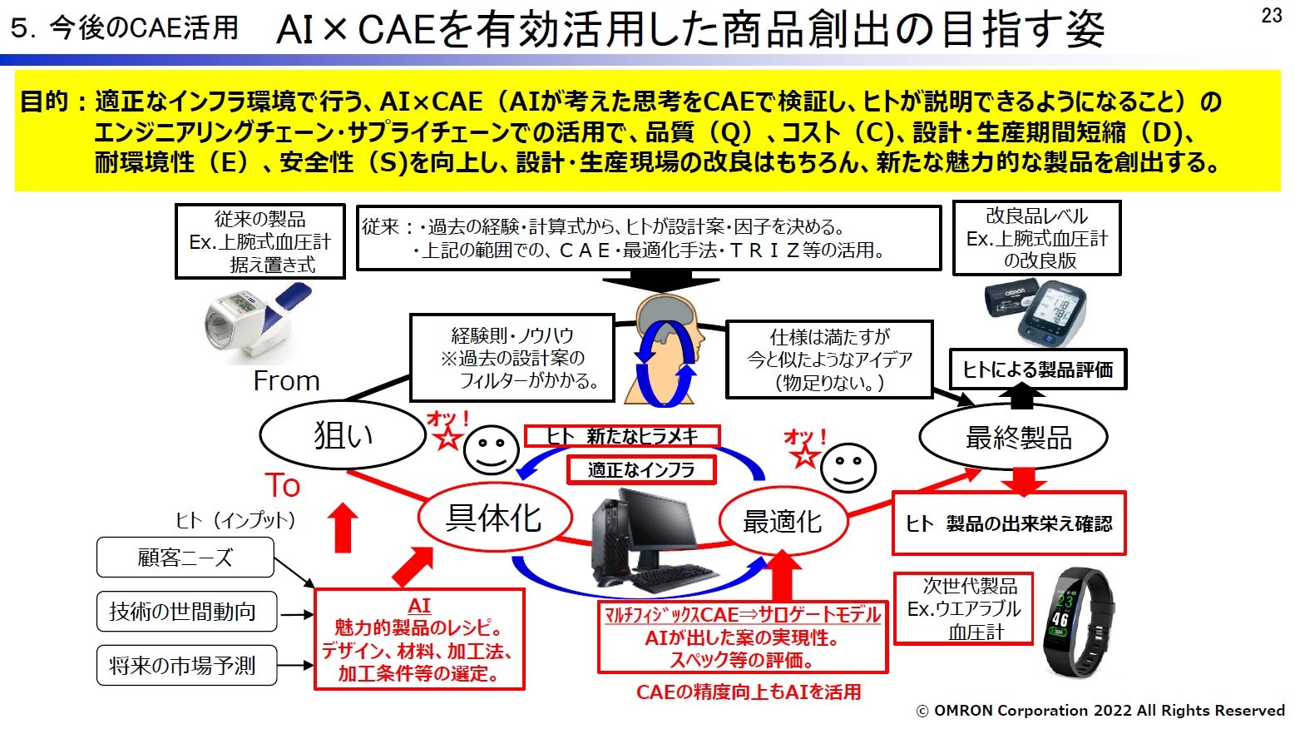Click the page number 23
click(x=1271, y=15)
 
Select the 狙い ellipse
click(x=344, y=434)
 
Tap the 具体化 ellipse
click(x=494, y=518)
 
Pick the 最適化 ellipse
click(x=782, y=522)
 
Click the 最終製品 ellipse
click(x=1013, y=437)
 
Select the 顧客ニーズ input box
click(x=185, y=558)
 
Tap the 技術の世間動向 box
click(x=185, y=612)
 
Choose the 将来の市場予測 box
click(x=185, y=665)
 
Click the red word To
click(x=283, y=485)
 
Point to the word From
click(x=286, y=381)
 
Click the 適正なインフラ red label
click(x=640, y=470)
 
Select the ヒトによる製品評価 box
click(x=1037, y=369)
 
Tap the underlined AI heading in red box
click(x=419, y=606)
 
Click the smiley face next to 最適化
click(x=848, y=469)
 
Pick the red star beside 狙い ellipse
click(x=449, y=438)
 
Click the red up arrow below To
click(x=343, y=527)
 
